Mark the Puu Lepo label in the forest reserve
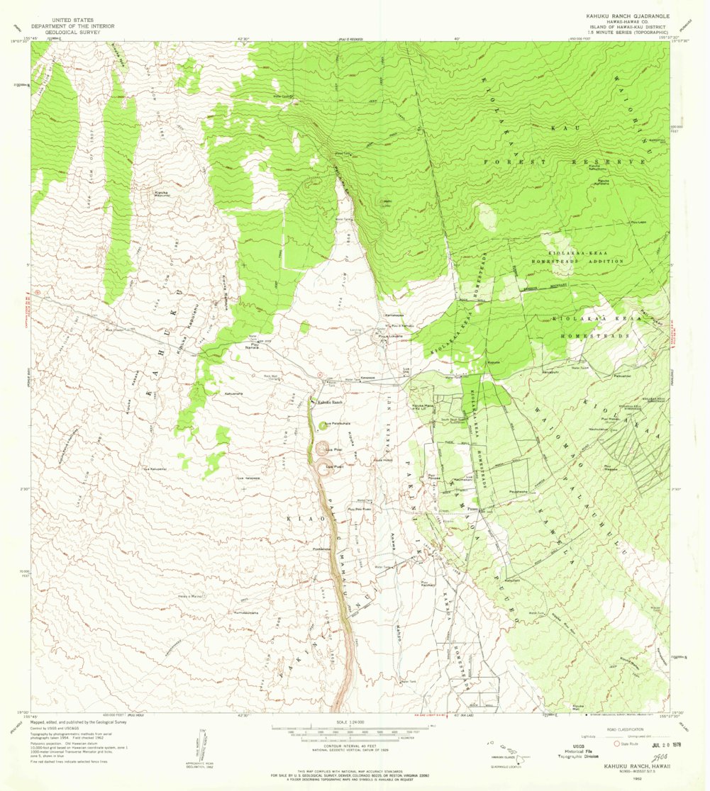pos(636,221)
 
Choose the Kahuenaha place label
pos(233,393)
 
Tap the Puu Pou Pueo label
pos(360,509)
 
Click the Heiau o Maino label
pos(192,597)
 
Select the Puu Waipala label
pos(611,469)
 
